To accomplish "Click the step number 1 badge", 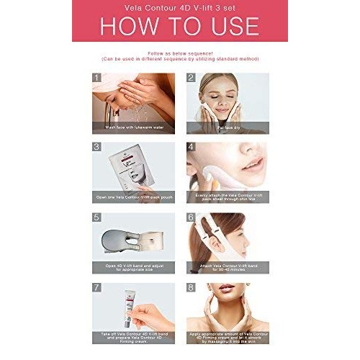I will coord(96,78).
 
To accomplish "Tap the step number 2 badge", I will coord(191,78).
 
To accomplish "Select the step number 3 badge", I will coord(96,147).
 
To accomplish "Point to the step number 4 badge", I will coord(191,147).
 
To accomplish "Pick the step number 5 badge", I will coord(96,217).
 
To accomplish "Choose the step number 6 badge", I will coord(191,217).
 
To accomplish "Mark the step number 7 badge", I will coord(96,287).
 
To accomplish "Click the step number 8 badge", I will coord(191,287).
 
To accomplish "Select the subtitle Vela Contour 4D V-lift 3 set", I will coord(180,9).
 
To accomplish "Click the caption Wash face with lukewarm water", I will coord(133,128).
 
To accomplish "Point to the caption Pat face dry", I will coord(228,128).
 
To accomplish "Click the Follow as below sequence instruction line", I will coord(180,53).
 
